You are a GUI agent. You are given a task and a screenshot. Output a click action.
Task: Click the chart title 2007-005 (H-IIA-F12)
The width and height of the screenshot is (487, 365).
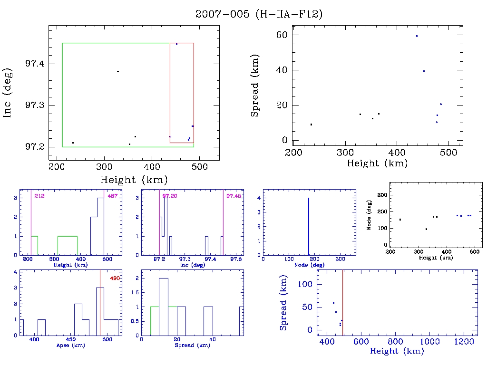pos(259,14)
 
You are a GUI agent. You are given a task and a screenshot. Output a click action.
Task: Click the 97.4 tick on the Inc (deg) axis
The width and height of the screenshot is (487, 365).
pos(35,64)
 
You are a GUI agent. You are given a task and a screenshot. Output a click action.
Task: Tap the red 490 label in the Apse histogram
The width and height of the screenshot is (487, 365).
pos(115,278)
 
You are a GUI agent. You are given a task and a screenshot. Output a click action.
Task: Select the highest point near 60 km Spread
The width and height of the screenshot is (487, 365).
pos(417,36)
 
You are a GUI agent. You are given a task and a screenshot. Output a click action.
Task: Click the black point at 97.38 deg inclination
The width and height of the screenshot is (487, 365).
pos(118,71)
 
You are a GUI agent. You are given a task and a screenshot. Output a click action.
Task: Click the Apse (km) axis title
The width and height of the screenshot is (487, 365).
pos(70,346)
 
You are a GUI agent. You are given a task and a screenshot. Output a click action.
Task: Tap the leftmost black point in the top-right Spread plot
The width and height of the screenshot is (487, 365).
pos(312,125)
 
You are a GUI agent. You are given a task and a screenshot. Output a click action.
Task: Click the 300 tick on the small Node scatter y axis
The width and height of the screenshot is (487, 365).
pos(381,195)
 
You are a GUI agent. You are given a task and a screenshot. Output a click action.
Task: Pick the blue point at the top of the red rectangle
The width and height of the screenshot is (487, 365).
pos(176,44)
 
